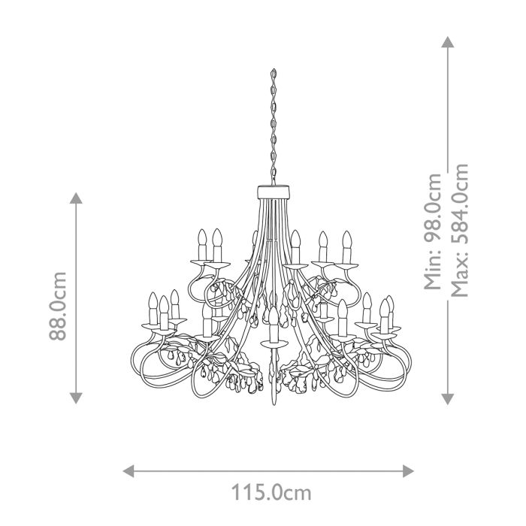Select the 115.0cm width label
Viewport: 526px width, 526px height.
tap(271, 493)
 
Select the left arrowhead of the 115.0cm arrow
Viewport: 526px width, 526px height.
tap(128, 471)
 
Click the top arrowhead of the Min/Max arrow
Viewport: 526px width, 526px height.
tap(448, 41)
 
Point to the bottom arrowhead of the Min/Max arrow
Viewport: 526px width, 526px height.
tap(448, 398)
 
